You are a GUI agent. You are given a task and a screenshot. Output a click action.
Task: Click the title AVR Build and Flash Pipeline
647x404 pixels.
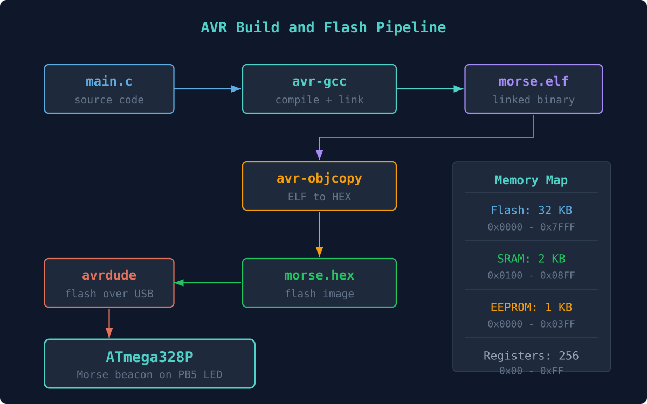323,27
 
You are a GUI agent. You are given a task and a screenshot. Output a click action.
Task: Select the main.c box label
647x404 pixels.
109,82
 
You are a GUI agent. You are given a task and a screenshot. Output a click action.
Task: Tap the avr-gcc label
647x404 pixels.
319,82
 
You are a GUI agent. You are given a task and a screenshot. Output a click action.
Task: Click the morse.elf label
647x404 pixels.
533,82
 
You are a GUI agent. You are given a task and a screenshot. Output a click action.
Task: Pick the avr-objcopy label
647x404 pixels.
319,179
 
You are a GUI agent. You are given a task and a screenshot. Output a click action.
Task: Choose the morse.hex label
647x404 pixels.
319,276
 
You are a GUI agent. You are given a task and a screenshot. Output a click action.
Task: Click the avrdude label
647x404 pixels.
109,276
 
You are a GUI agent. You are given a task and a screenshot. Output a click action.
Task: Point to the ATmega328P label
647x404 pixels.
149,357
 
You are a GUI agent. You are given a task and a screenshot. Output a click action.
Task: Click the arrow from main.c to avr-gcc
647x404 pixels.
208,89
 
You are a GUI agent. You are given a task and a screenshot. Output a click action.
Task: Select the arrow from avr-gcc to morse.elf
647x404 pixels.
430,89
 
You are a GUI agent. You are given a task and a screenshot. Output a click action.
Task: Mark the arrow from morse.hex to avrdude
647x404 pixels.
208,283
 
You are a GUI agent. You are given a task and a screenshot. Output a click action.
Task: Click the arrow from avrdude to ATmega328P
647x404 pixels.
109,323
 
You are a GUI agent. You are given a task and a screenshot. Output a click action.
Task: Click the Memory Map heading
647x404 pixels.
531,180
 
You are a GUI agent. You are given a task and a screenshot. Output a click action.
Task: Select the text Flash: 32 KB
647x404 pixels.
531,211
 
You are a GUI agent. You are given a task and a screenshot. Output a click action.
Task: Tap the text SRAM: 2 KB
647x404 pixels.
531,259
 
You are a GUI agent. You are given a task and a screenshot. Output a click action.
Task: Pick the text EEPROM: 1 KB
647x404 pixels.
531,308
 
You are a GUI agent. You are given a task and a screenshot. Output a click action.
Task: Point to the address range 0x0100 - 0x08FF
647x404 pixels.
531,276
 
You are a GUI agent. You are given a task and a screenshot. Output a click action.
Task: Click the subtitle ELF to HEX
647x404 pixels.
319,197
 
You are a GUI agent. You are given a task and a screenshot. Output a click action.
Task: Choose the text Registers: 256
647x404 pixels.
531,356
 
